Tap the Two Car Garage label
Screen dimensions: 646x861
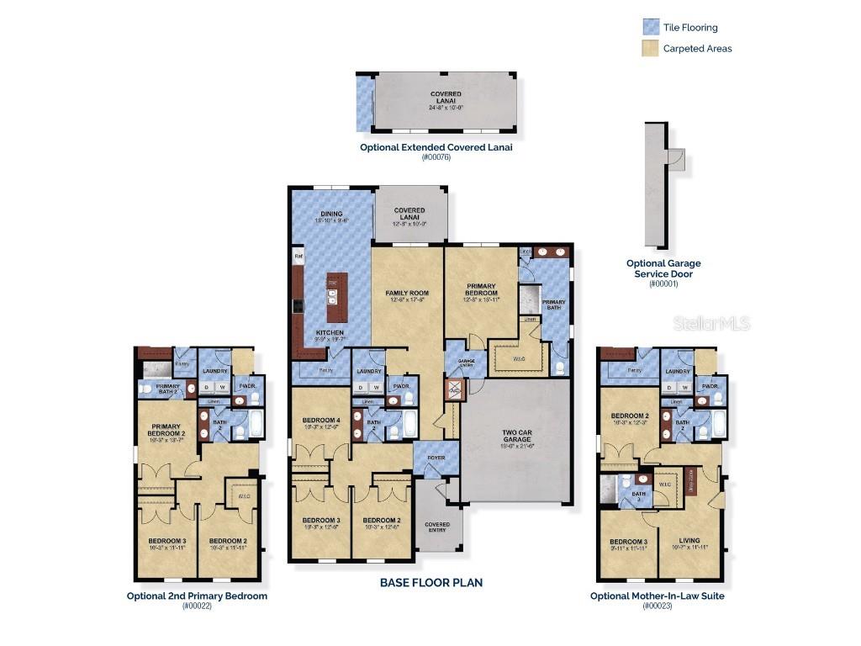coord(515,437)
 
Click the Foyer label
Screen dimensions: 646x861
coord(436,458)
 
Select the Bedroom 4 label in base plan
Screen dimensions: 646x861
coord(320,422)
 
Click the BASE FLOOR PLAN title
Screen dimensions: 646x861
coord(430,582)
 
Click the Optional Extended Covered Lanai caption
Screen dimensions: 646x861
coord(436,146)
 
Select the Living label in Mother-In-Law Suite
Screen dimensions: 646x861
coord(689,541)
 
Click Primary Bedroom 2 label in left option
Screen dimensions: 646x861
coord(167,429)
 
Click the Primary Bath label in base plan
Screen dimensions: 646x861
coord(553,304)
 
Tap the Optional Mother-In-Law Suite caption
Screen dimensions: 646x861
coord(657,596)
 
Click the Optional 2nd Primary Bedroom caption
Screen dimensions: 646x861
coord(197,596)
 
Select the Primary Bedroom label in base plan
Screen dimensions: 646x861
coord(482,291)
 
